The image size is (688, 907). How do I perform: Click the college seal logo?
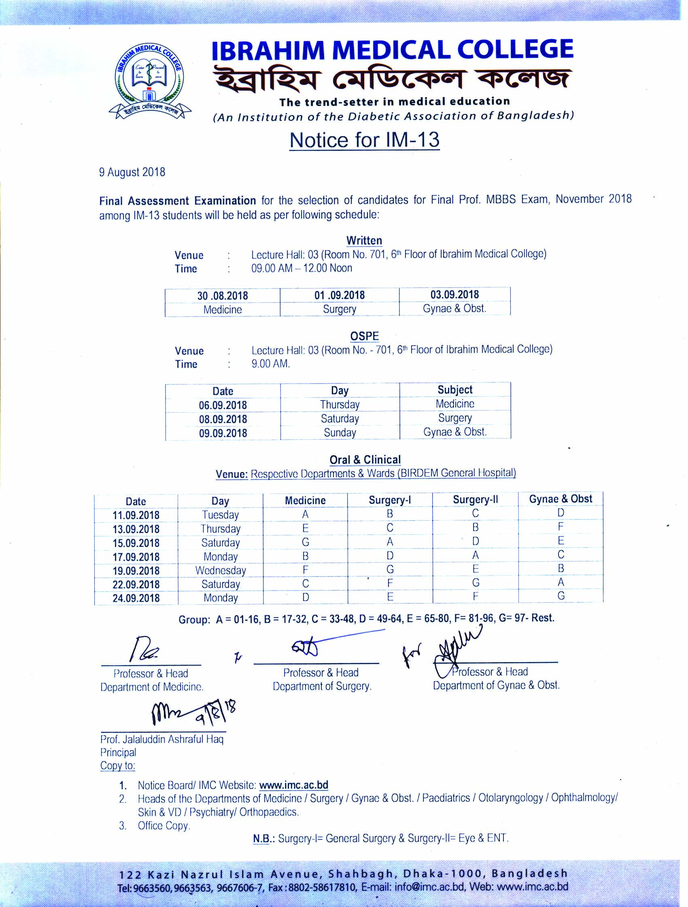(149, 80)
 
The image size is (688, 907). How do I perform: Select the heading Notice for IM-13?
(364, 140)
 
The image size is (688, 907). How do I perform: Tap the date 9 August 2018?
(132, 172)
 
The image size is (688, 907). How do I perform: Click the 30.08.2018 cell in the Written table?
(223, 295)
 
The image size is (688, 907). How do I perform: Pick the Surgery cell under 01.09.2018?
(339, 309)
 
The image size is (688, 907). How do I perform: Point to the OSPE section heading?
(364, 336)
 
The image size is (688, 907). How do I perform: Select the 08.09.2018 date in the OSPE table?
(223, 419)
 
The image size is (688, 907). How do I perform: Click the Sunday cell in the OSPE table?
(340, 432)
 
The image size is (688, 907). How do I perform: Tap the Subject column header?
(455, 390)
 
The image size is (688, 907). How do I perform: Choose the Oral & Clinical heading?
(365, 460)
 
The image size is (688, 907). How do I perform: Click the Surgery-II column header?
(475, 500)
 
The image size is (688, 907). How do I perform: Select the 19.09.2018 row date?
(136, 570)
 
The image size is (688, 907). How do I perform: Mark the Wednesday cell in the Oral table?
(221, 570)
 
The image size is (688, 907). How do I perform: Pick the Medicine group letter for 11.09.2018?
(305, 514)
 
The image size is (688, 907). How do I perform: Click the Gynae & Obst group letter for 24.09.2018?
(561, 595)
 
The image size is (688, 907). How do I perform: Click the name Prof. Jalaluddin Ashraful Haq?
(162, 739)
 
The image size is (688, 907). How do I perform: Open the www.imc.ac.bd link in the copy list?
(293, 785)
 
